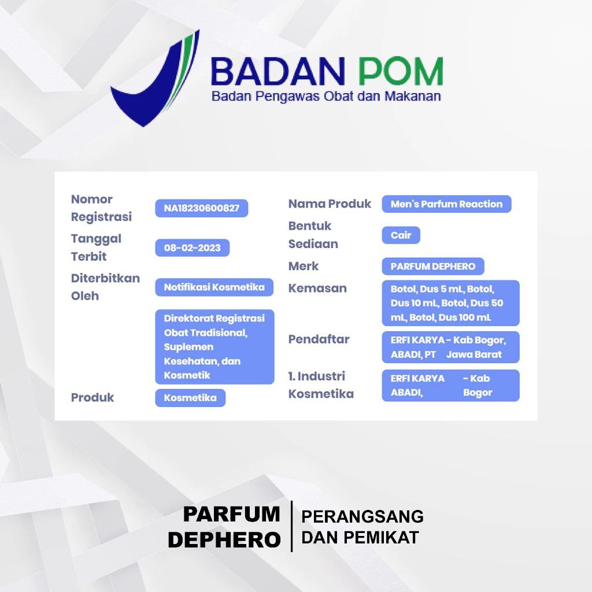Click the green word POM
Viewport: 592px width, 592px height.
point(400,71)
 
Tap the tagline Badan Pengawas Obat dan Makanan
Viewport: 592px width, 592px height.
point(326,96)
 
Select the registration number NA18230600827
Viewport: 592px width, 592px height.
point(202,208)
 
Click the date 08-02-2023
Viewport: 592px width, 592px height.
point(192,247)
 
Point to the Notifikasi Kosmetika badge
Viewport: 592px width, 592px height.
point(214,287)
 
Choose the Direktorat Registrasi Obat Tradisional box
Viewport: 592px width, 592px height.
point(214,347)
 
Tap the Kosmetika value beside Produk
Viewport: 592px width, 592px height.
point(190,398)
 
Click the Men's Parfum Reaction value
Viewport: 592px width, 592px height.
point(447,204)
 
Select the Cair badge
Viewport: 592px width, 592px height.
point(401,235)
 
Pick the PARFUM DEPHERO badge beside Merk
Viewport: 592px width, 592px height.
point(433,266)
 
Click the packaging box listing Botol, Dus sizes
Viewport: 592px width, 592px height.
point(451,303)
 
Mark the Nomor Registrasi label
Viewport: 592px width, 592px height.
point(101,208)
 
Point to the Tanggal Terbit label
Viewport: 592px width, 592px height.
point(96,247)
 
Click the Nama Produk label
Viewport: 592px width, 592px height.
point(330,204)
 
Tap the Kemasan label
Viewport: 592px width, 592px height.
point(317,288)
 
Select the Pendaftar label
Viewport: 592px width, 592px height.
point(319,339)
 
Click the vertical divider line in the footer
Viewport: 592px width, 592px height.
point(291,526)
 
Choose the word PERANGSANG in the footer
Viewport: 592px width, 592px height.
point(362,516)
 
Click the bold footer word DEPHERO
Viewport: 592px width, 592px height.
point(224,540)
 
